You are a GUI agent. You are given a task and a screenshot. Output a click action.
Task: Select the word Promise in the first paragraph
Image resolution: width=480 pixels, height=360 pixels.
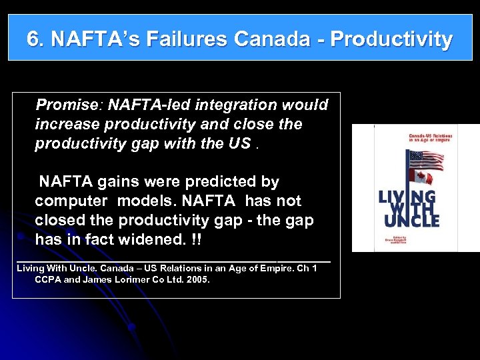coord(67,105)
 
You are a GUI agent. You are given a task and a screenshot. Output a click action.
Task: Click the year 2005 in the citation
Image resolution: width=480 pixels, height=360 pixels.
coord(198,280)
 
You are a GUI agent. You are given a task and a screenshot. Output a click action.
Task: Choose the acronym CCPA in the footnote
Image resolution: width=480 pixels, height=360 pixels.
coord(47,280)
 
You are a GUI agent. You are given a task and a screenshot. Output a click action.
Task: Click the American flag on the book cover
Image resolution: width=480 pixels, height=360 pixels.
coord(425,160)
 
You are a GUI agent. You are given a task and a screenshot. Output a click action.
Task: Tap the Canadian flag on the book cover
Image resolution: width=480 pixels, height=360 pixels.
coord(420,179)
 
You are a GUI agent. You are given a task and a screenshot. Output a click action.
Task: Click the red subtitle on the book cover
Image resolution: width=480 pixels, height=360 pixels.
coord(430,138)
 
